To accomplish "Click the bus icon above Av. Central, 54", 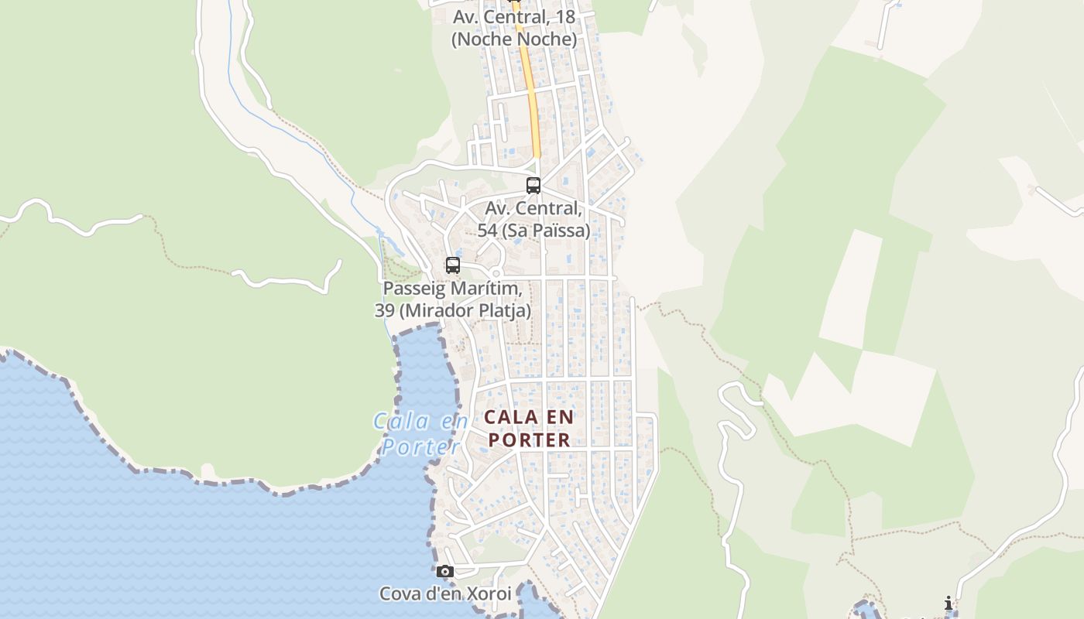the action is point(533,186).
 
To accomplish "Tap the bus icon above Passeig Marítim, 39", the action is point(453,265).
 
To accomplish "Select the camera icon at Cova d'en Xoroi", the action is point(444,572).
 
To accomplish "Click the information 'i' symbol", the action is point(948,604).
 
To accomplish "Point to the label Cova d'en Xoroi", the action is point(445,594).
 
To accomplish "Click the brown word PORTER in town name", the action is point(530,440).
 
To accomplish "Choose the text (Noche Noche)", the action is point(514,39).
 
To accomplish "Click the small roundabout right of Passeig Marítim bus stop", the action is point(496,273).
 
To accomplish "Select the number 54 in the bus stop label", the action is point(487,231).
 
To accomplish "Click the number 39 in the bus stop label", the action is point(384,311).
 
